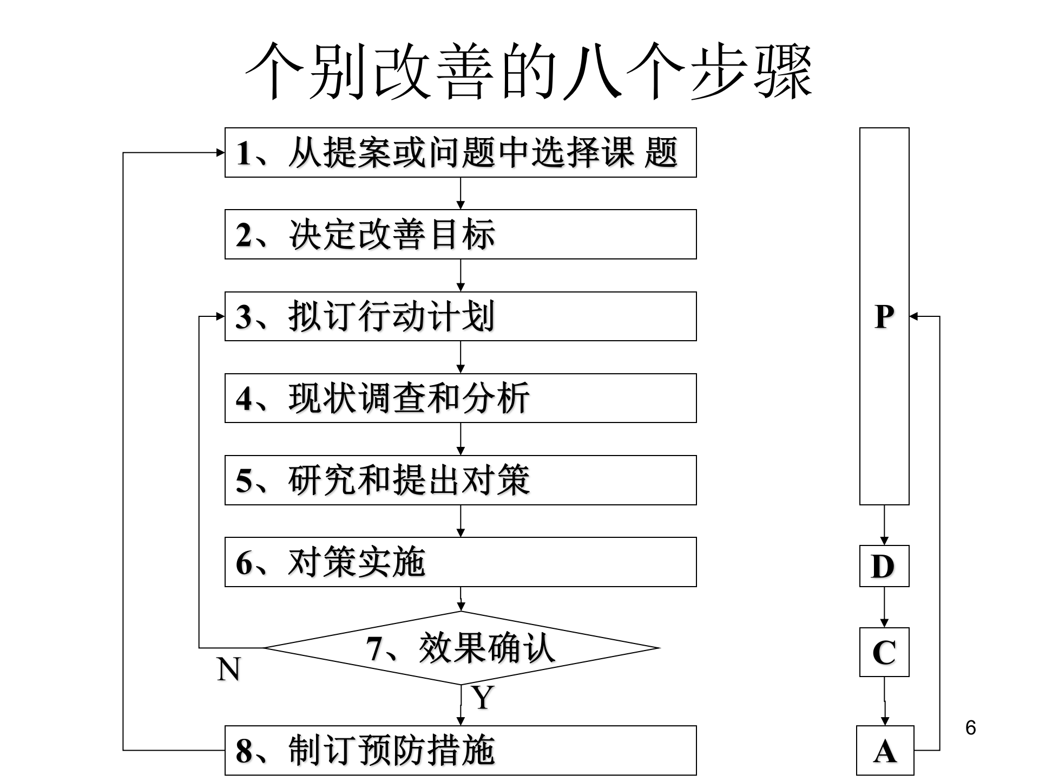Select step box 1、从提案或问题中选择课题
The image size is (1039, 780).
(460, 153)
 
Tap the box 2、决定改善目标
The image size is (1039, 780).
(460, 235)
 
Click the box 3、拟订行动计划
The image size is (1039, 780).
(460, 316)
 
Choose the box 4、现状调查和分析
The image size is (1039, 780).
(460, 398)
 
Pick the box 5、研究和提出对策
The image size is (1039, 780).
(460, 480)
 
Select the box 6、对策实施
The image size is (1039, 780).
(460, 562)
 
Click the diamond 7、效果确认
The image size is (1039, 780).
(461, 648)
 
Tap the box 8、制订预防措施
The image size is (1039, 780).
(460, 751)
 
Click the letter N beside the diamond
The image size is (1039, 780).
(228, 670)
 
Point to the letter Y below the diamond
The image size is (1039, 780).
(483, 698)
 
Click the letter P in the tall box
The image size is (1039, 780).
(884, 316)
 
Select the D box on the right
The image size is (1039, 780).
(884, 566)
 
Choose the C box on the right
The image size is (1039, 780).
(884, 652)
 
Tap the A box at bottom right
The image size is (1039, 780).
(885, 751)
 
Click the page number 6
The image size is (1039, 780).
(971, 727)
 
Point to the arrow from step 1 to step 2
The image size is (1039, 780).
(461, 193)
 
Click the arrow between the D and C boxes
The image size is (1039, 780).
(884, 607)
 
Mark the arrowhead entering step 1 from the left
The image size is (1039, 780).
(220, 153)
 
